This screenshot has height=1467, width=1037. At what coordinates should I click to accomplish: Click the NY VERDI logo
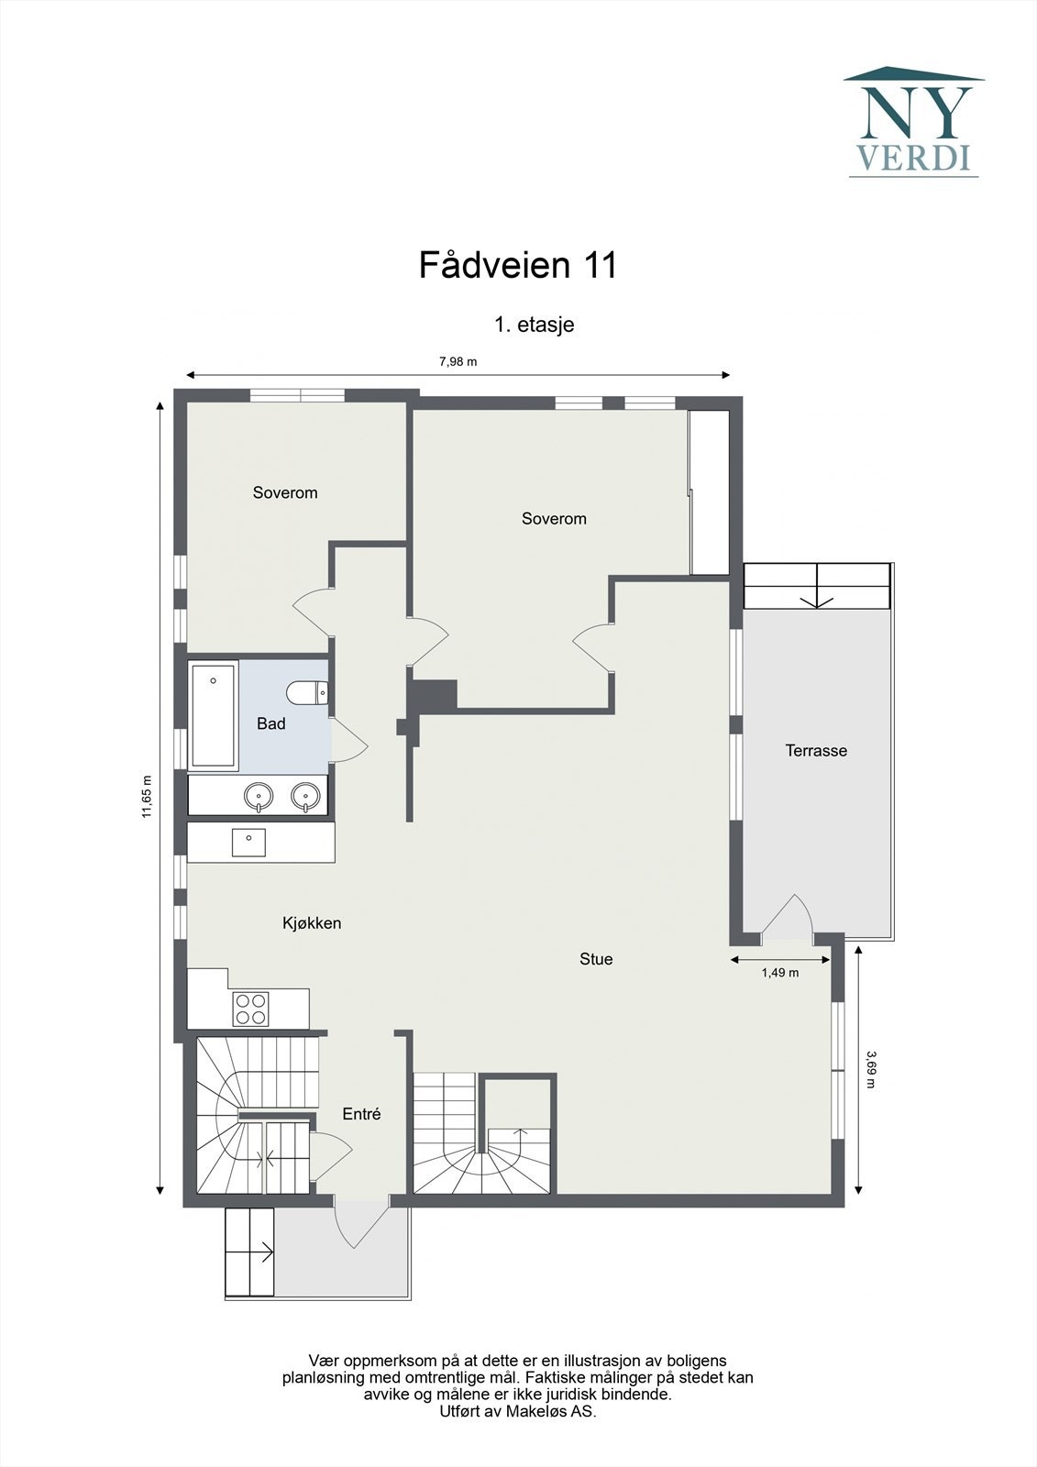913,122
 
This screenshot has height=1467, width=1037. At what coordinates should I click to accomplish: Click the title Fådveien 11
518,265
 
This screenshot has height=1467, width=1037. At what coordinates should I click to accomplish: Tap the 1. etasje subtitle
534,324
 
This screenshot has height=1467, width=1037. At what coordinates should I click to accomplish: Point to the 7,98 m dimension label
458,361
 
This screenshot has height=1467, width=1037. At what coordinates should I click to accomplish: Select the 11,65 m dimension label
147,796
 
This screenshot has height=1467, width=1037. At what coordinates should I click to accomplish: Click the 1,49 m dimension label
779,973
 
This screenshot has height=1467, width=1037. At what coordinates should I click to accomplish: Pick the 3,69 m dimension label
870,1069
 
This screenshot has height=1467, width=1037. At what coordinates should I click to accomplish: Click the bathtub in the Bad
213,714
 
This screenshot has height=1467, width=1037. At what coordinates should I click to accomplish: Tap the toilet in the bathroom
306,691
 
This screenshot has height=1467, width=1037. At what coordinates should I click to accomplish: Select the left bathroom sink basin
259,796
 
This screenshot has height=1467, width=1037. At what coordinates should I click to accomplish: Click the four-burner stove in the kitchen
250,1009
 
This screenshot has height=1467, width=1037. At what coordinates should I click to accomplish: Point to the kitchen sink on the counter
248,841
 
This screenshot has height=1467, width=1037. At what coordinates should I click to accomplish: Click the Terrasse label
816,750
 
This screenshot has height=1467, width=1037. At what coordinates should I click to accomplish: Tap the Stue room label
596,959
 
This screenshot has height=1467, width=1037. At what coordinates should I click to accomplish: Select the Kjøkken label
312,922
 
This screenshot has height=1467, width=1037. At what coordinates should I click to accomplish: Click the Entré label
361,1114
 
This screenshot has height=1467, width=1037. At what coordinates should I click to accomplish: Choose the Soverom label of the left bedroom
285,492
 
